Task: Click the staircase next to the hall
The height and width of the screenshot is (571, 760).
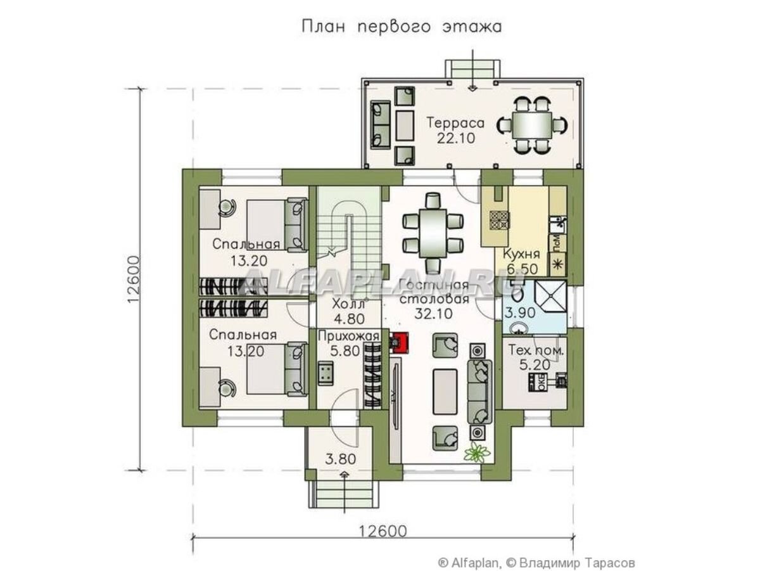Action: (348, 234)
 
